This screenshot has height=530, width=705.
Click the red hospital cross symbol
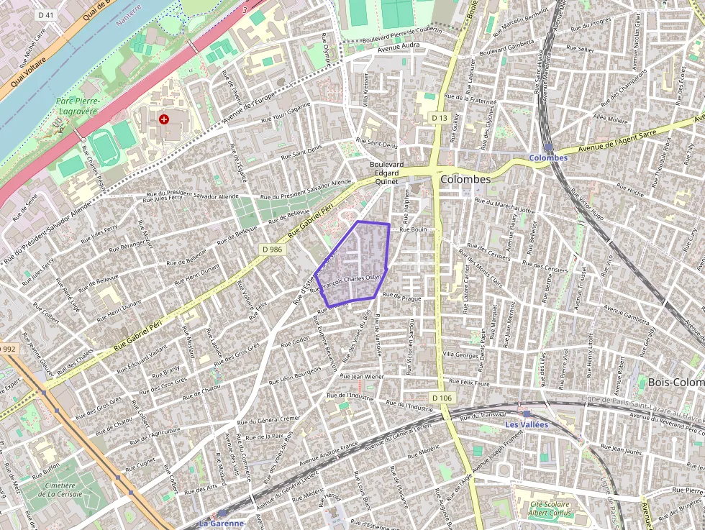click(164, 119)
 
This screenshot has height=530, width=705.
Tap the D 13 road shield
click(440, 117)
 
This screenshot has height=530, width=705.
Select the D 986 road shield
click(273, 249)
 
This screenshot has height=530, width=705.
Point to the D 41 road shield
click(46, 15)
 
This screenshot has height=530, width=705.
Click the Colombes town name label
click(465, 179)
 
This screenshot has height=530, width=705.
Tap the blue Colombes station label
click(548, 157)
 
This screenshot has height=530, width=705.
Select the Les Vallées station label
click(526, 424)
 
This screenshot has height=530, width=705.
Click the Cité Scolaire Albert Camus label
click(549, 508)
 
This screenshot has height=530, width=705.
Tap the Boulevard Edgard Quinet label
click(386, 173)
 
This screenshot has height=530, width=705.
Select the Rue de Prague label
click(401, 296)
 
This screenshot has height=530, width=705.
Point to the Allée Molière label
click(610, 119)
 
